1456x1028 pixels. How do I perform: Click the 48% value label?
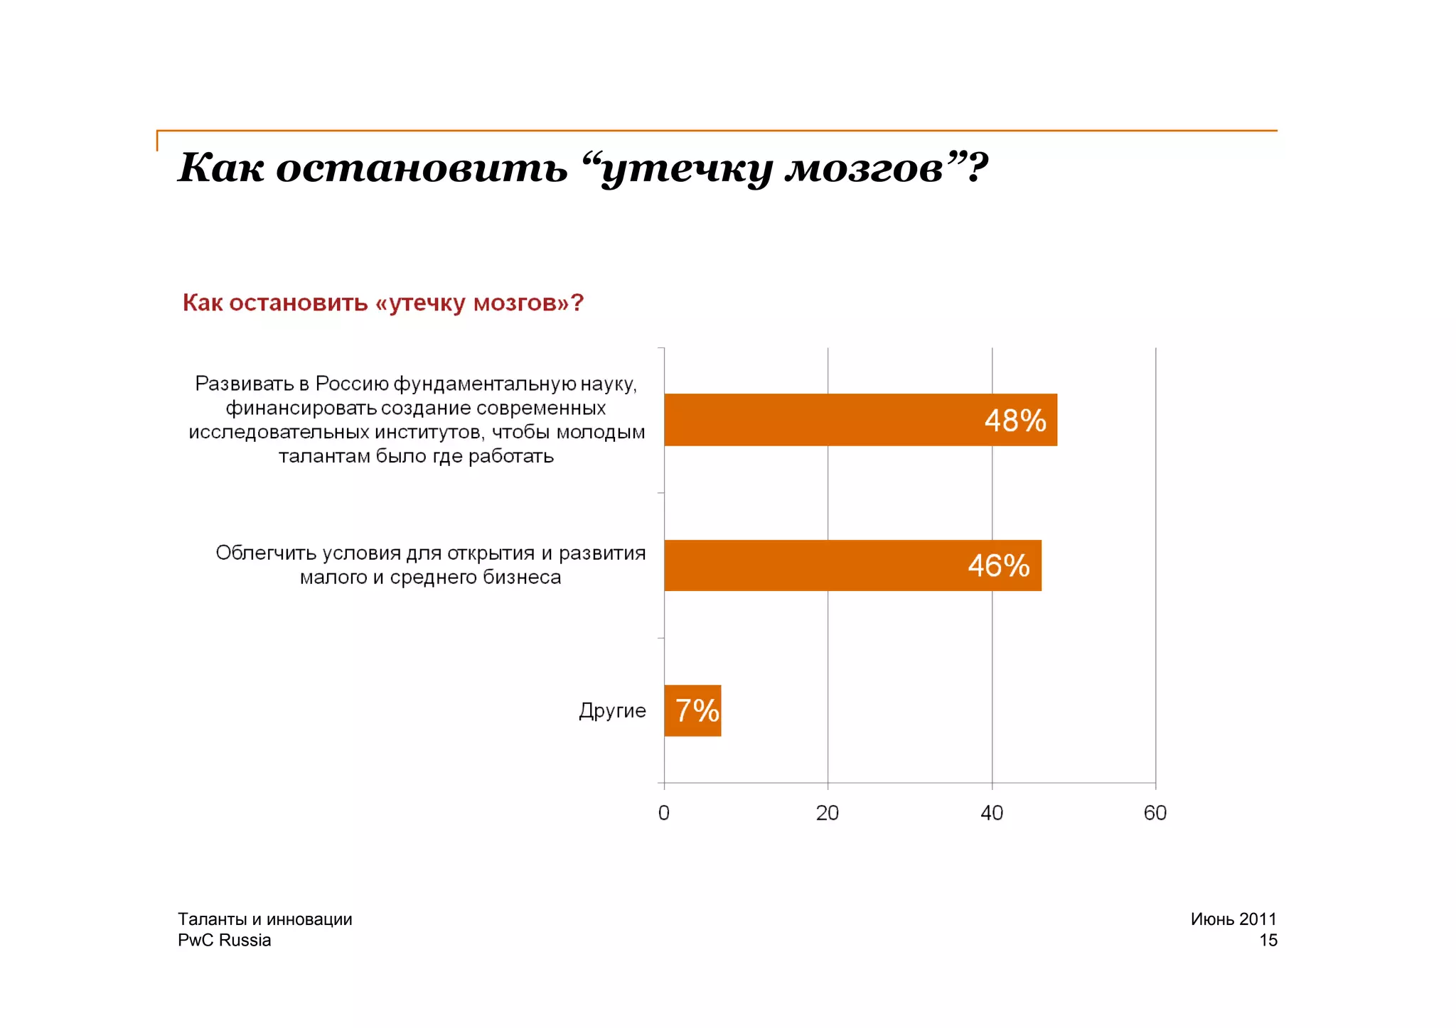click(x=1015, y=421)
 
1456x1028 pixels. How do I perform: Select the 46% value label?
click(x=998, y=566)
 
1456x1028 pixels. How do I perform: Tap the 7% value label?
click(x=696, y=710)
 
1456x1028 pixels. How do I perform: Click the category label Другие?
click(x=612, y=710)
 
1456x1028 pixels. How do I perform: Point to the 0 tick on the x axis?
click(x=664, y=813)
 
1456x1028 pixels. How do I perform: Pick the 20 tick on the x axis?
click(x=828, y=813)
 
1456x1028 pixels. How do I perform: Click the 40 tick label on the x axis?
click(x=992, y=813)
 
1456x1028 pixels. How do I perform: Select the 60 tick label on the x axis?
click(x=1155, y=813)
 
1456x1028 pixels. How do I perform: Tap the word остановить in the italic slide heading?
click(x=422, y=168)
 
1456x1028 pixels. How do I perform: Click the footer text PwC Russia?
click(x=224, y=940)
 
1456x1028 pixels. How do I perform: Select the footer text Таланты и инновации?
click(x=264, y=919)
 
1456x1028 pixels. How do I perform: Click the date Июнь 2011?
click(x=1233, y=919)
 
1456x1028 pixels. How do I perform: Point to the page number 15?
click(x=1268, y=940)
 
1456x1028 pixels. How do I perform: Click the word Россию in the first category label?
click(x=352, y=384)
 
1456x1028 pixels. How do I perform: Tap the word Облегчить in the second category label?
click(x=265, y=553)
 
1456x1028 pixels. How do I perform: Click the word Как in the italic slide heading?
click(x=220, y=168)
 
